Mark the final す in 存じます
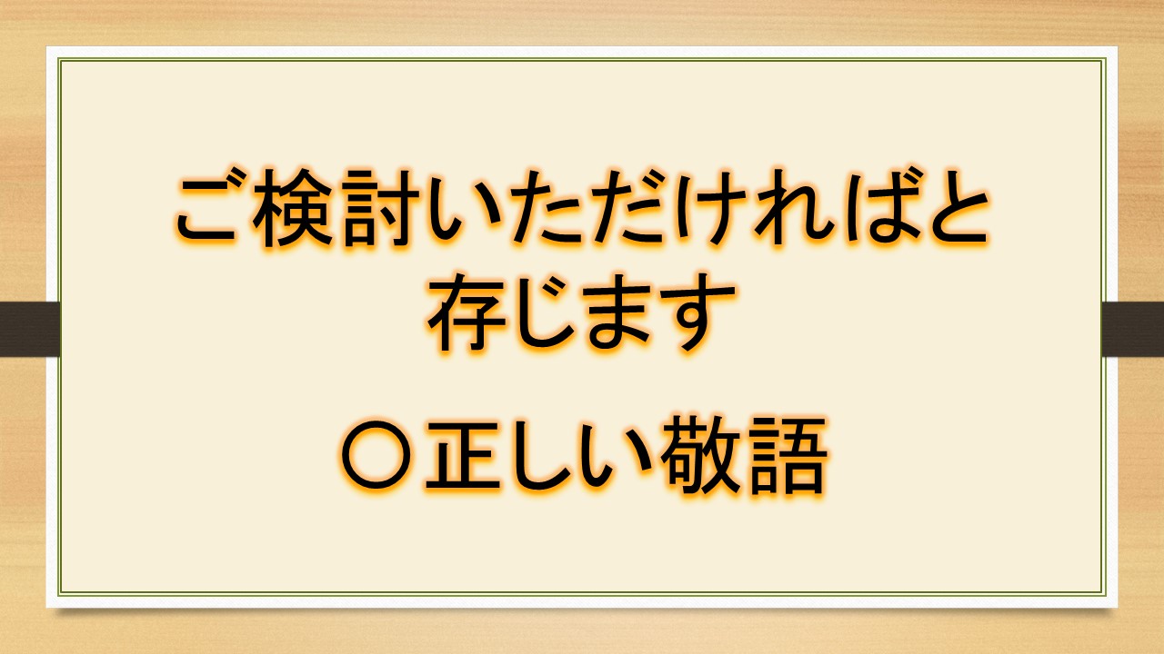697,313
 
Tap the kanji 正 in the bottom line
463,455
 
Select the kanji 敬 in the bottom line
700,455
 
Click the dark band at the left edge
30,329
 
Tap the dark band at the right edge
1132,329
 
